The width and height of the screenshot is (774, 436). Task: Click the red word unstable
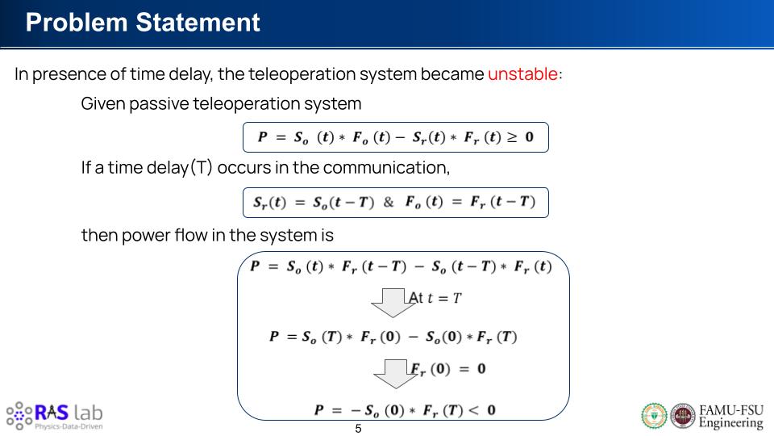point(522,74)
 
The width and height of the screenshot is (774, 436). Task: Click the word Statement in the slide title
point(198,23)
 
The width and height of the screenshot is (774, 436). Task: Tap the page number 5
point(358,429)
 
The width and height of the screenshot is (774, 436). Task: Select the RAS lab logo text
point(69,412)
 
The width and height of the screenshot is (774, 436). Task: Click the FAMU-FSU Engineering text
point(731,417)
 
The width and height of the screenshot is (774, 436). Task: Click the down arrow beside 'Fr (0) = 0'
point(395,374)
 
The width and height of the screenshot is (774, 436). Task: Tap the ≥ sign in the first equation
point(513,137)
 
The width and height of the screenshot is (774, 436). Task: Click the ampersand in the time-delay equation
point(389,202)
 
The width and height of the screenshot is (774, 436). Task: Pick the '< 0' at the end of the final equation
point(482,410)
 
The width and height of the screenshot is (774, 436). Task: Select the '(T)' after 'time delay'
point(202,168)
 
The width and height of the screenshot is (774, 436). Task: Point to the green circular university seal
point(654,416)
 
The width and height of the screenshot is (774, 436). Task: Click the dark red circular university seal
point(683,416)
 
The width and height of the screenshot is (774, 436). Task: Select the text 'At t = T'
point(435,298)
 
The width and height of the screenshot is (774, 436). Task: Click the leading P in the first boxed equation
point(263,137)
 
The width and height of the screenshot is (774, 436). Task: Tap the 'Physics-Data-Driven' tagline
point(69,426)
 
